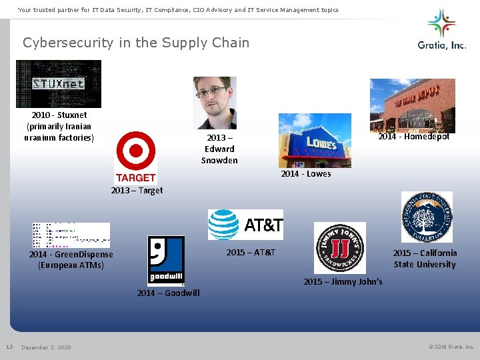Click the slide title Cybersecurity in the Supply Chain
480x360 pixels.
click(x=136, y=43)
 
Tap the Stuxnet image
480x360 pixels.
click(x=59, y=84)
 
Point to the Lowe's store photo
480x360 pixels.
click(x=315, y=140)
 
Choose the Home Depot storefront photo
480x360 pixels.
click(x=412, y=105)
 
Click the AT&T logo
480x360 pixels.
click(x=245, y=225)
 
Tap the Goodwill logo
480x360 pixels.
click(x=165, y=261)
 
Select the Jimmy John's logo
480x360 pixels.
click(x=340, y=248)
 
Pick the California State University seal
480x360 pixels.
click(x=427, y=217)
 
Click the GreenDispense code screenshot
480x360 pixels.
click(x=71, y=235)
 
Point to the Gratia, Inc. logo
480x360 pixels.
click(x=441, y=29)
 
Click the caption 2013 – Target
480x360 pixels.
click(x=137, y=191)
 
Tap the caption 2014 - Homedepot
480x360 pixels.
click(x=414, y=137)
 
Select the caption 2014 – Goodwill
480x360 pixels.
click(x=168, y=293)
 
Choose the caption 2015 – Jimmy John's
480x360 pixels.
click(x=343, y=282)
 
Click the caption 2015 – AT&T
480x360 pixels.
click(x=251, y=253)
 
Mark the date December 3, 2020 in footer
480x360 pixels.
click(x=46, y=347)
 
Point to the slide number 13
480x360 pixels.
click(x=9, y=347)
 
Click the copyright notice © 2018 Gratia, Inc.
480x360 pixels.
click(x=451, y=347)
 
